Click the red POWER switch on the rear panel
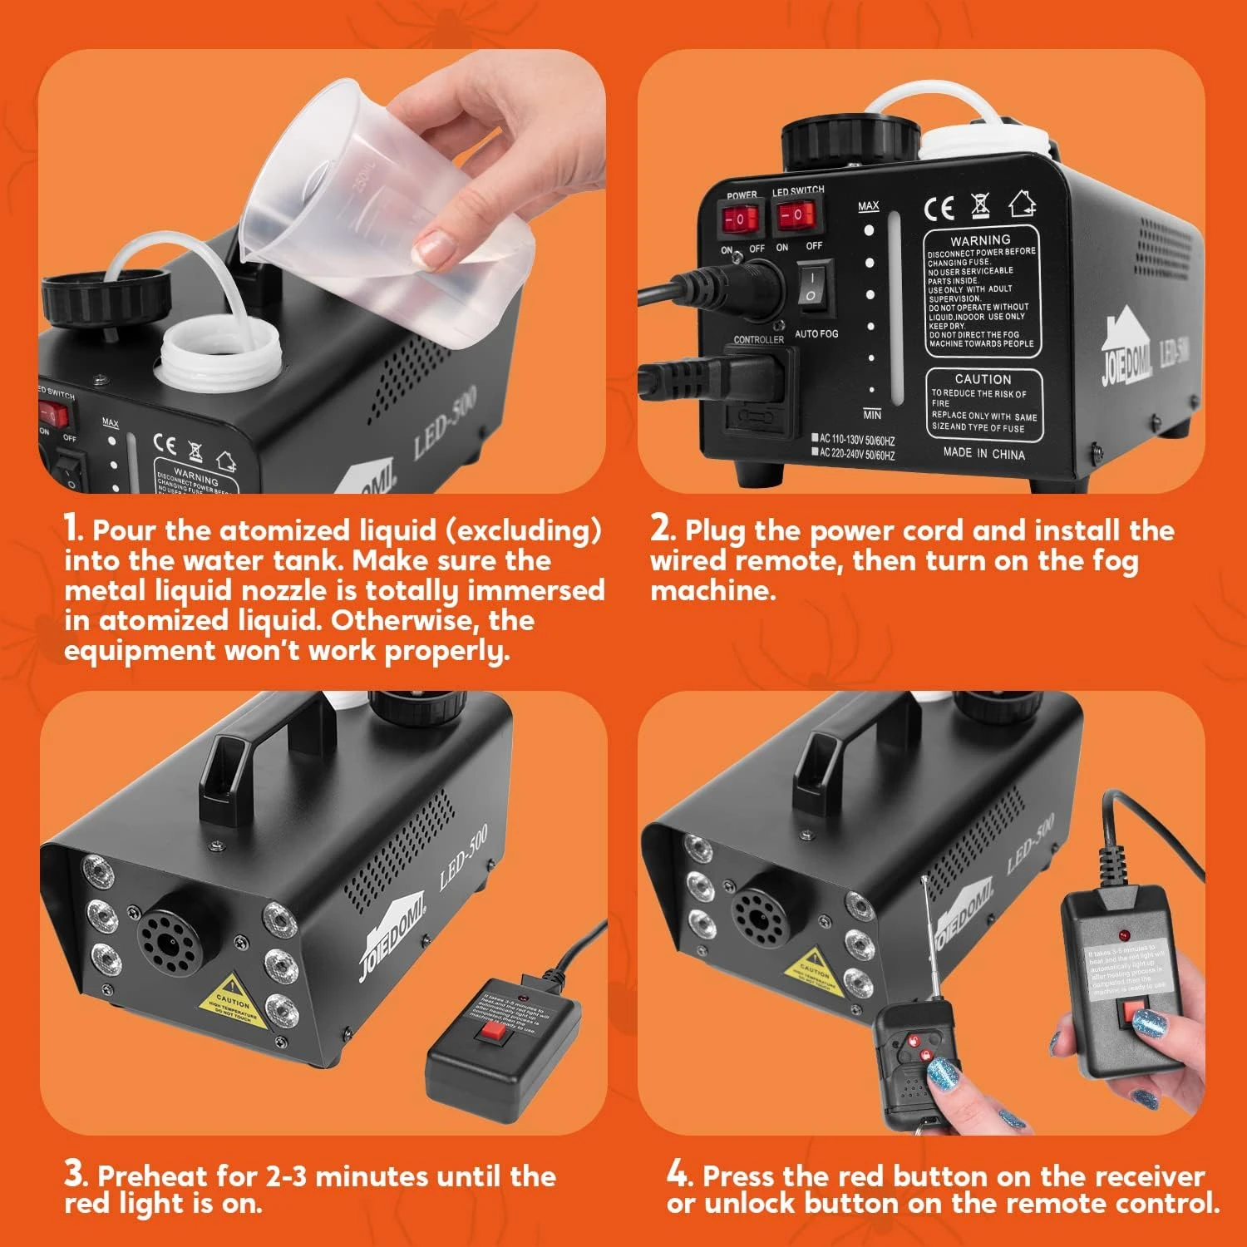click(739, 220)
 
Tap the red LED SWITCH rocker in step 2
click(796, 215)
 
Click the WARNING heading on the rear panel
click(980, 239)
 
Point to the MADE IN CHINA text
click(983, 453)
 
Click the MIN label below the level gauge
click(872, 414)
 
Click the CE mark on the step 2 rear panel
click(939, 208)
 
